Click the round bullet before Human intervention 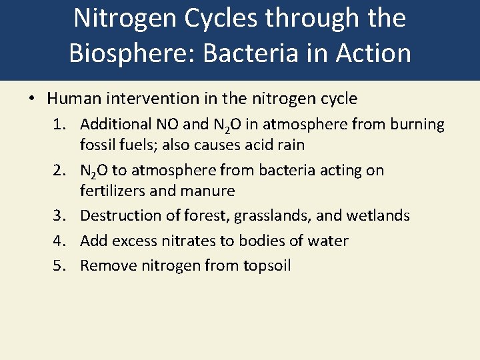point(31,99)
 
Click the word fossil point(97,145)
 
